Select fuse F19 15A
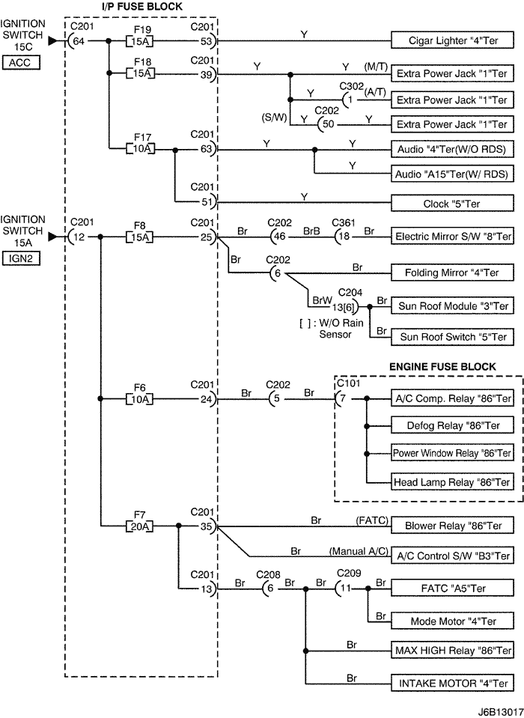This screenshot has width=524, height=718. pos(139,40)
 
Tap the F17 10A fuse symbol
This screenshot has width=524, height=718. pos(139,150)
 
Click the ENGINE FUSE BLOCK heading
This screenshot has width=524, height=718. pos(442,367)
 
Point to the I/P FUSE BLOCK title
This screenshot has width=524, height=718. pos(142,7)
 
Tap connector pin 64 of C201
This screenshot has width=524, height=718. pos(78,41)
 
